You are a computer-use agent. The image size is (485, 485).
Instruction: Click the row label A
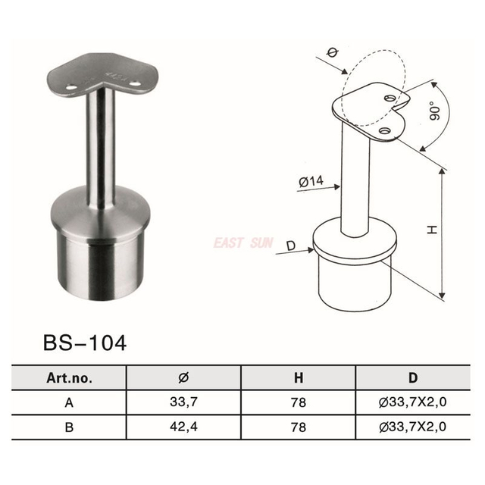[69, 402]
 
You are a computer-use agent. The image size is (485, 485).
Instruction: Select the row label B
[69, 427]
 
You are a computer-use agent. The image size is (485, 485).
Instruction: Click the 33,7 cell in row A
[183, 402]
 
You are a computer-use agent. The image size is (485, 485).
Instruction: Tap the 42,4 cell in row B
[183, 427]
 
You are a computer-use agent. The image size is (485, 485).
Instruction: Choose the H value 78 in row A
[299, 402]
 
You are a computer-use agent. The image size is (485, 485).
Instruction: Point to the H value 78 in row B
[299, 427]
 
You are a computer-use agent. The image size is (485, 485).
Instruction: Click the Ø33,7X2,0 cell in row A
[413, 402]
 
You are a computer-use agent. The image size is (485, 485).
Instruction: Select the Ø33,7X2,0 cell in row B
[413, 427]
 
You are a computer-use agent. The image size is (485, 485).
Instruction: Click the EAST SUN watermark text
[242, 244]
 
